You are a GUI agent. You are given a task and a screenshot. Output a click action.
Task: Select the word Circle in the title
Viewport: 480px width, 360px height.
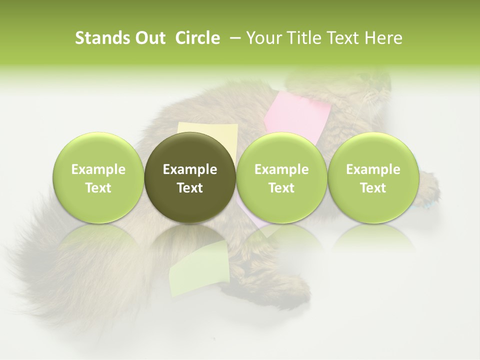(197, 38)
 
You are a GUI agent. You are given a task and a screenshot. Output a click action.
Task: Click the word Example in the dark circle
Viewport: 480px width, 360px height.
(190, 169)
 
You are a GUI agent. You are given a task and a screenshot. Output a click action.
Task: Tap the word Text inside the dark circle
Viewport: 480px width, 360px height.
(190, 188)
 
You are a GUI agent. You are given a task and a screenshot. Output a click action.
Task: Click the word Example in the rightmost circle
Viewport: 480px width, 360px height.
(373, 169)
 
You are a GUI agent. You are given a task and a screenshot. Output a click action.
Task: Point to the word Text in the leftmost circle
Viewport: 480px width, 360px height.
(98, 188)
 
